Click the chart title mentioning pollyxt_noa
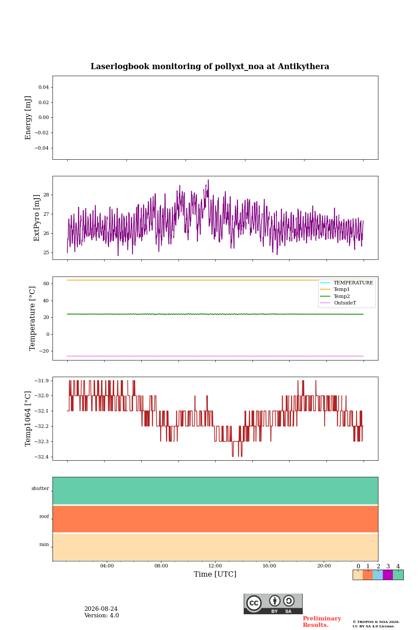point(210,66)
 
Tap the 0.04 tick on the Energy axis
point(44,87)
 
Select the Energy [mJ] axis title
point(28,118)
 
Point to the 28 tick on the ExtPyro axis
point(46,195)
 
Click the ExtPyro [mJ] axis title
point(37,218)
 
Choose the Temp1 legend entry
point(342,290)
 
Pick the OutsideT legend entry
point(345,303)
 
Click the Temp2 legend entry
point(342,296)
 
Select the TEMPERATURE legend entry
point(353,283)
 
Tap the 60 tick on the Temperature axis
point(46,283)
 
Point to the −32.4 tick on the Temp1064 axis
point(42,457)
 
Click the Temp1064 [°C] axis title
point(28,419)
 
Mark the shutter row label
point(40,488)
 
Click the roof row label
point(44,516)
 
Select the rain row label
point(44,544)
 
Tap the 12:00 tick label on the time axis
point(215,566)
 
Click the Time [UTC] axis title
point(215,574)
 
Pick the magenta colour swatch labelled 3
point(388,575)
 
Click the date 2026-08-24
point(101,609)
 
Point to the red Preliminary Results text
point(322,622)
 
